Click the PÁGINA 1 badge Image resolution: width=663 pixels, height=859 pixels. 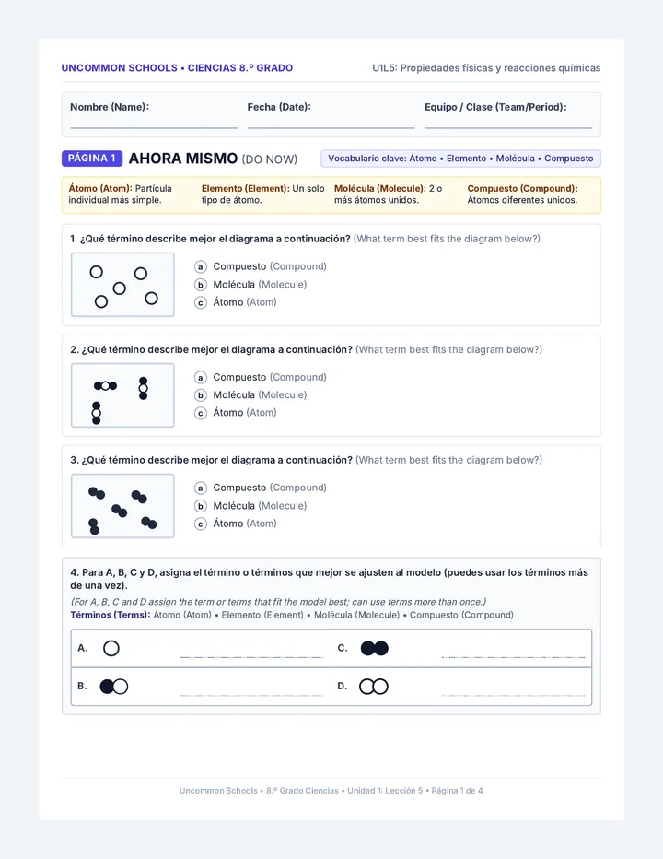[x=92, y=159]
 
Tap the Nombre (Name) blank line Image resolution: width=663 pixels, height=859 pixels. [x=154, y=128]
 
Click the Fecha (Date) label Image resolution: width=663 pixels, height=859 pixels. [x=279, y=107]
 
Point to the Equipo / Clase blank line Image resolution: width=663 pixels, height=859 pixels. [x=508, y=128]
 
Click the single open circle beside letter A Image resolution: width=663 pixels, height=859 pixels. [x=111, y=648]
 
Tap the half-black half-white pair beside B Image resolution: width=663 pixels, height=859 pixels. [x=114, y=687]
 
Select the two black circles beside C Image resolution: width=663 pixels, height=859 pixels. [x=375, y=648]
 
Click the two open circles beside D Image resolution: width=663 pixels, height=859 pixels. [x=374, y=687]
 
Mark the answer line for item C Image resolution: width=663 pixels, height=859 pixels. [x=513, y=657]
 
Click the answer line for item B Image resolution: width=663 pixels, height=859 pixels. [x=252, y=695]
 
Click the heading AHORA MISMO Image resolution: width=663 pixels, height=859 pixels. [x=183, y=159]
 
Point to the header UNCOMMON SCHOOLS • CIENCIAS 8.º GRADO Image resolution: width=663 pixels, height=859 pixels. [x=177, y=68]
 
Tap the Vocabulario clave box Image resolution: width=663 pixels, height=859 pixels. [x=460, y=159]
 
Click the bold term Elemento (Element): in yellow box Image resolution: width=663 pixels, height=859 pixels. [x=245, y=188]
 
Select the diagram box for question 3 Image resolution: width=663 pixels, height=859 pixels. [x=122, y=506]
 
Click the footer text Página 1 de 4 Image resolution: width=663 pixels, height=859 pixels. [x=457, y=791]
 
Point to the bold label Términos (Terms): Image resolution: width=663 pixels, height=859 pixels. [x=110, y=615]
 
